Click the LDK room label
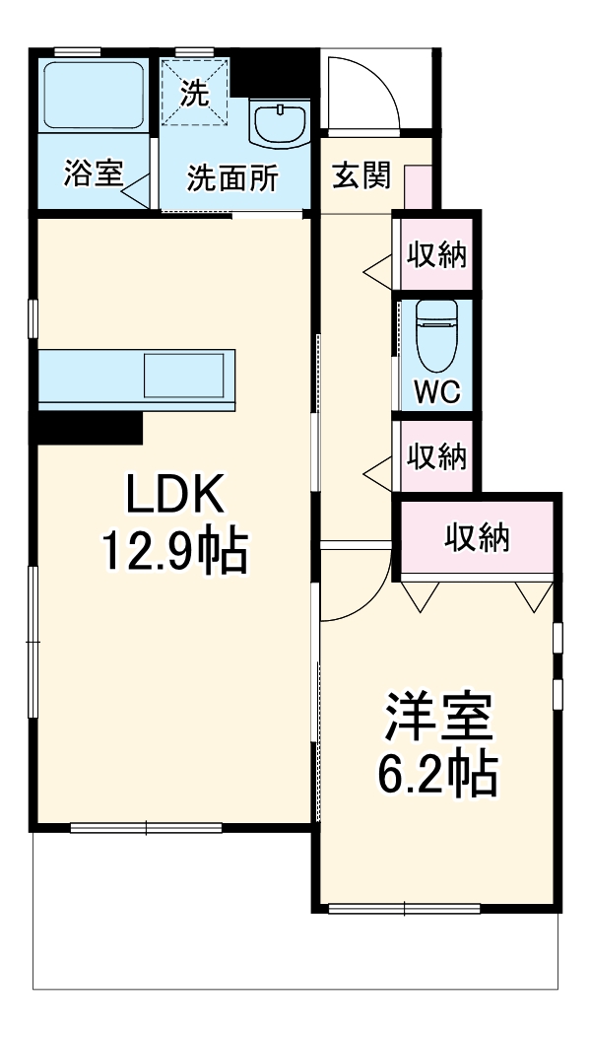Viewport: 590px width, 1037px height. coord(176,496)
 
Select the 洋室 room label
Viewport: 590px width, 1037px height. coord(436,721)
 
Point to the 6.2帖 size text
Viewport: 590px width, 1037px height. coord(436,775)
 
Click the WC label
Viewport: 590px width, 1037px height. coord(435,391)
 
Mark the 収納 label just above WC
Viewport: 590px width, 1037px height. coord(436,255)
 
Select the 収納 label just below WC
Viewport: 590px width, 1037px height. coord(436,457)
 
